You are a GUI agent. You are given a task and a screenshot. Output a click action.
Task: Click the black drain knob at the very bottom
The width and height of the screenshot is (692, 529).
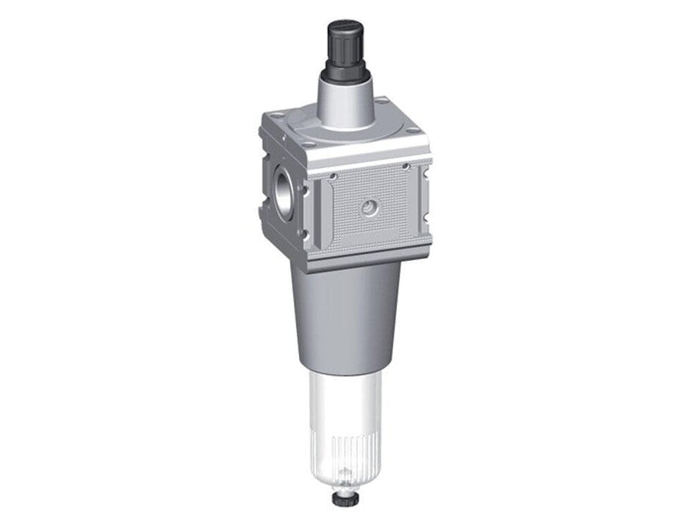(344, 498)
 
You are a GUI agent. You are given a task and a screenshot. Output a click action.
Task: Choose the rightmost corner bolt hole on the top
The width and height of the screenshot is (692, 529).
(413, 131)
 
